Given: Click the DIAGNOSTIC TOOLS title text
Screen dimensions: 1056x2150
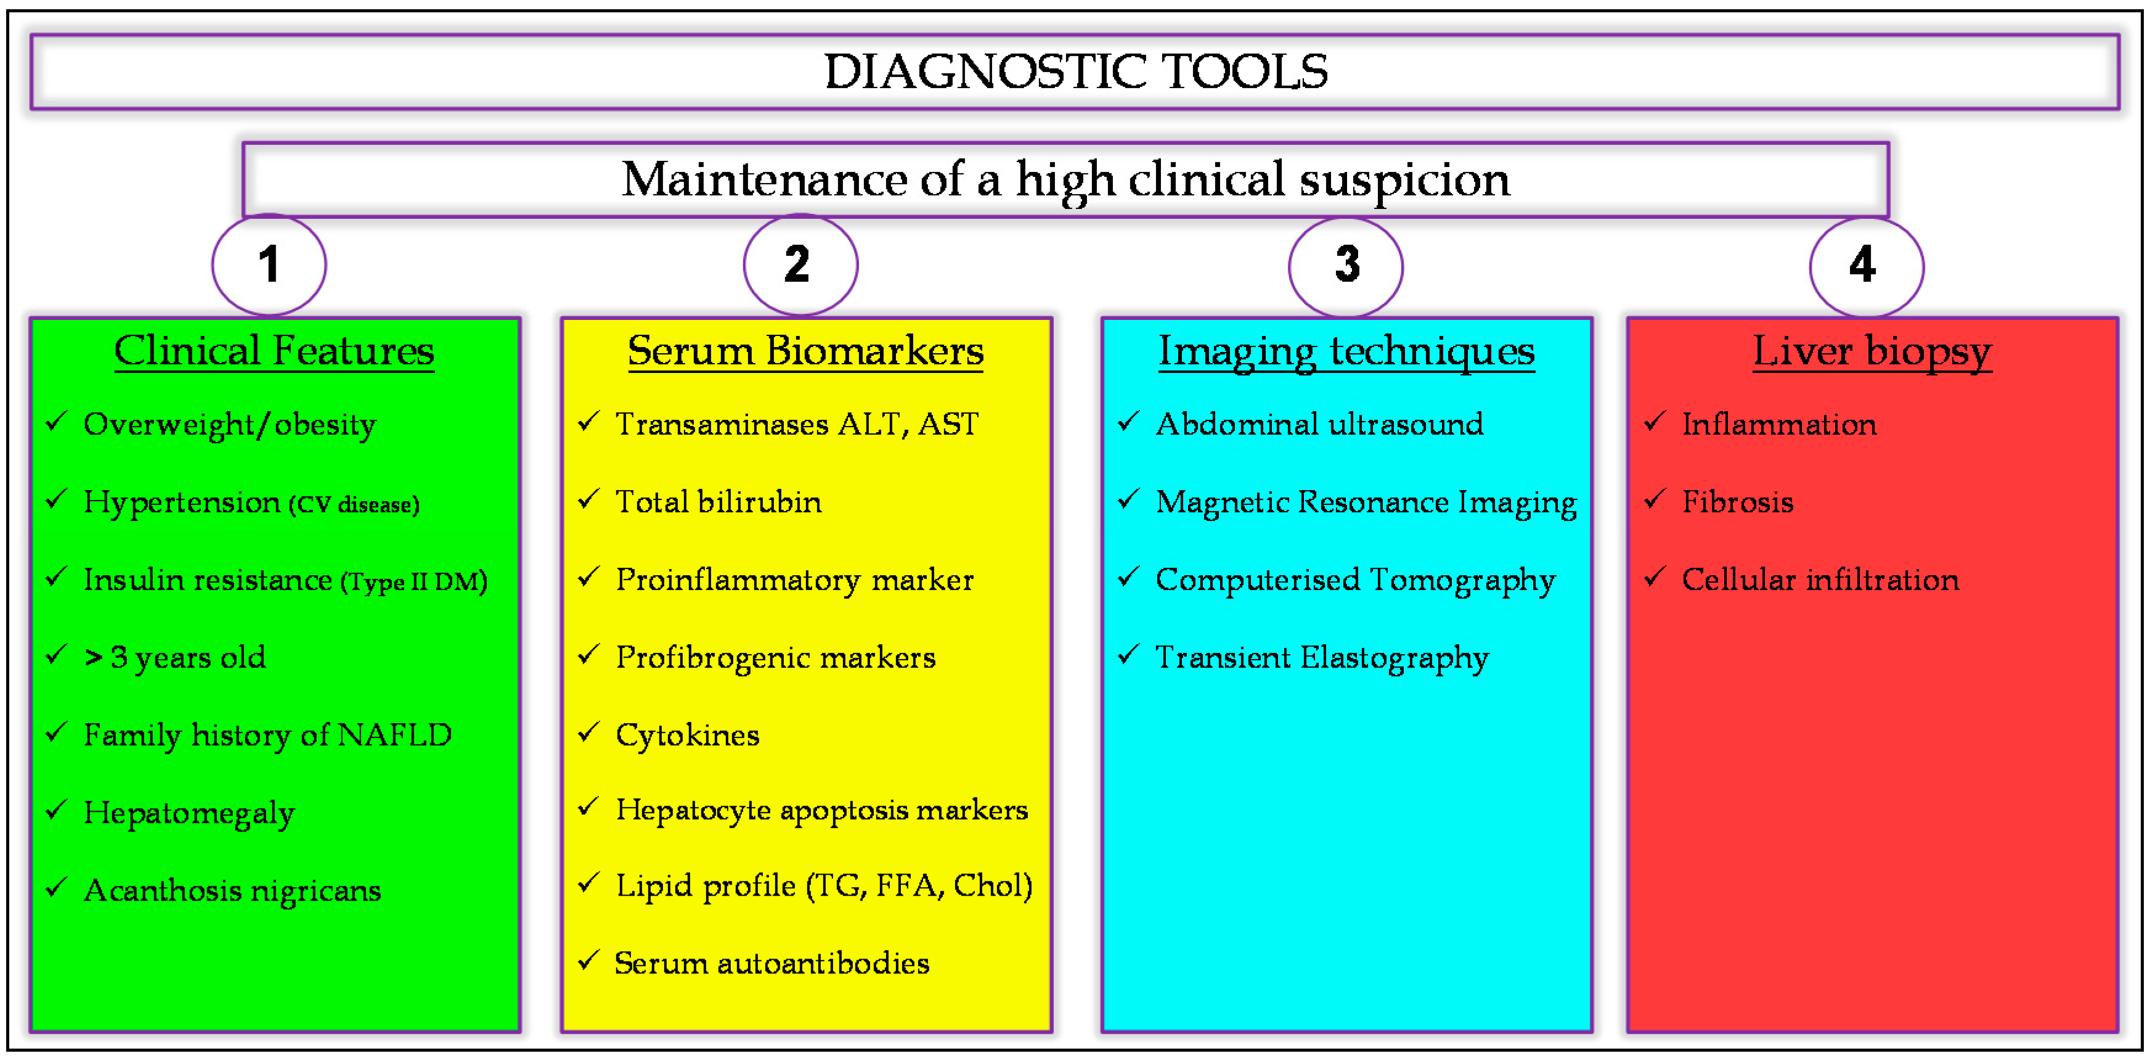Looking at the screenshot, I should [x=1075, y=72].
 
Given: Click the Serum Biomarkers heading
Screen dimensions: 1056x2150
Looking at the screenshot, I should [x=805, y=351].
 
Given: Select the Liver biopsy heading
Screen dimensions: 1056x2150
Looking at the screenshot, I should [x=1871, y=351].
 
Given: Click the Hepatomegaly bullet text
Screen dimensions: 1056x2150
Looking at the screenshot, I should [x=189, y=813].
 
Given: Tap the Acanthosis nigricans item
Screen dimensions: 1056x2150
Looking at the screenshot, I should [x=232, y=891].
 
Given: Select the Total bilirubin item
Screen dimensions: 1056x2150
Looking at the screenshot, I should [x=718, y=502].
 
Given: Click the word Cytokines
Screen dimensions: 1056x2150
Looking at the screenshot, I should [x=687, y=735].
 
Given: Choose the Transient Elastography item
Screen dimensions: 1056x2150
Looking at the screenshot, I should [x=1321, y=658].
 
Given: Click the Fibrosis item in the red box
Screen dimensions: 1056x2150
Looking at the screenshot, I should [x=1737, y=502].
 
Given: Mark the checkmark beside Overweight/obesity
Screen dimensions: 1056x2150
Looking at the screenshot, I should [x=56, y=422].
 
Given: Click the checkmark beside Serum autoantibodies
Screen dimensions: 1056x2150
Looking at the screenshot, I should [x=588, y=961].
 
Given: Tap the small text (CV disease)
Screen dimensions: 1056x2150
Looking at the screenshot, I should [x=354, y=504].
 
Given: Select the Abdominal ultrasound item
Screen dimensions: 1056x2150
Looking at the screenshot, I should [x=1319, y=425].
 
